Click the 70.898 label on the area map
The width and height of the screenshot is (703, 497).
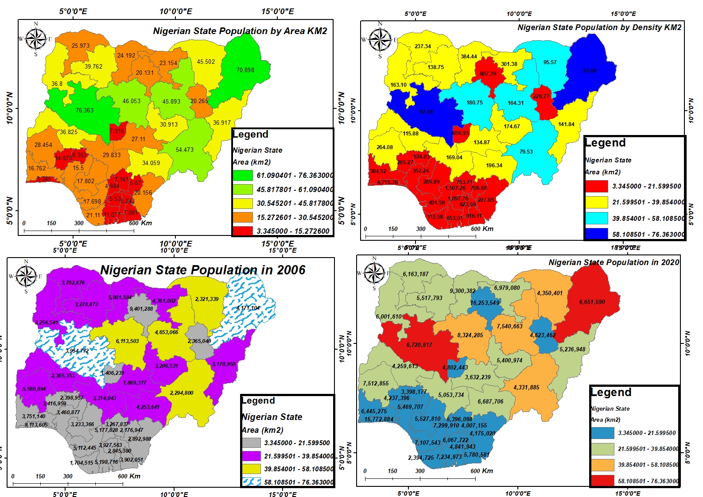point(245,70)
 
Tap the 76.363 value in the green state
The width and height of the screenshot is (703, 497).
point(84,110)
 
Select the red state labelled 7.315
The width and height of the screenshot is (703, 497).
point(117,131)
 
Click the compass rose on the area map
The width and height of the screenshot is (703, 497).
point(36,39)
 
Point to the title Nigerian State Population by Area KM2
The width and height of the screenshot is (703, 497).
point(240,31)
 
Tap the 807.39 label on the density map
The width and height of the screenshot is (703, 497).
point(488,74)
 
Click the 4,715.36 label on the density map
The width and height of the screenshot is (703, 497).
point(387,182)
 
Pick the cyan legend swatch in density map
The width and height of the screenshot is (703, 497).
point(596,218)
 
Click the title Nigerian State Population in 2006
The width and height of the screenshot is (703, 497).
point(203,270)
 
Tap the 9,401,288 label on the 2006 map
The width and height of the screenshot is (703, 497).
point(141,309)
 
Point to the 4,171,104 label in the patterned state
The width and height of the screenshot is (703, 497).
point(248,308)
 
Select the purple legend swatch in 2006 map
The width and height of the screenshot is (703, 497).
point(252,456)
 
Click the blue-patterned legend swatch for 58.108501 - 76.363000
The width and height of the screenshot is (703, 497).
point(252,482)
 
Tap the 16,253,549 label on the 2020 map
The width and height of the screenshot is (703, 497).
point(485,303)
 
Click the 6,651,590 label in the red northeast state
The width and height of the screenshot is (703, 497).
point(592,302)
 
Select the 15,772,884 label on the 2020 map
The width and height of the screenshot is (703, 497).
point(379,419)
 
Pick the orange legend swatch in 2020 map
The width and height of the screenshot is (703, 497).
point(603,465)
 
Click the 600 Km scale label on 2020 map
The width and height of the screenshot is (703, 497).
point(482,471)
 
